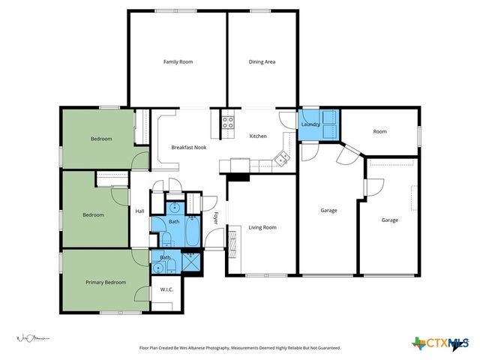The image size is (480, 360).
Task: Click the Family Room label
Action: [x=178, y=61]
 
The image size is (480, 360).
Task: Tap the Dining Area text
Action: [x=262, y=61]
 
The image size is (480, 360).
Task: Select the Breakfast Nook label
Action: [x=188, y=148]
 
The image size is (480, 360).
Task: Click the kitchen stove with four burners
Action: [x=228, y=121]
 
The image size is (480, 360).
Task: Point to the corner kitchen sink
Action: [x=283, y=157]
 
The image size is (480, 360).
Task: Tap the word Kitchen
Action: [x=258, y=136]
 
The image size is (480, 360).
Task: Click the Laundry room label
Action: [x=310, y=124]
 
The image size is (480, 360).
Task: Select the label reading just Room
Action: [x=379, y=131]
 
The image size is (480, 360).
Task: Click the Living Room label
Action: [x=262, y=227]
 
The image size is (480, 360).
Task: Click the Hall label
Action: [x=139, y=211]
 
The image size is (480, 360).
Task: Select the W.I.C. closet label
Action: [x=166, y=289]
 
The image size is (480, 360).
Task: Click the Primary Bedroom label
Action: [x=106, y=282]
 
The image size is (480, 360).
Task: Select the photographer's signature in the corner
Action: [x=30, y=340]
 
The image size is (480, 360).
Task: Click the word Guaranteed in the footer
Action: [x=325, y=348]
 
